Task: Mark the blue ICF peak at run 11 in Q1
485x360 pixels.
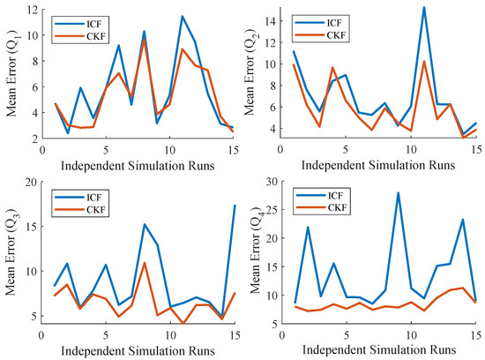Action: click(182, 16)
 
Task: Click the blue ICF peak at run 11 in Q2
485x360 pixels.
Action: click(423, 7)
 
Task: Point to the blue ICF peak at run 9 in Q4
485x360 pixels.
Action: click(398, 192)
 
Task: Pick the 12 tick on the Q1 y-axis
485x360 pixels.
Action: click(32, 10)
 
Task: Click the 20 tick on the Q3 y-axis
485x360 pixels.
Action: click(32, 182)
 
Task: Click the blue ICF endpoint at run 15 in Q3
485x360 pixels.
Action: click(234, 205)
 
